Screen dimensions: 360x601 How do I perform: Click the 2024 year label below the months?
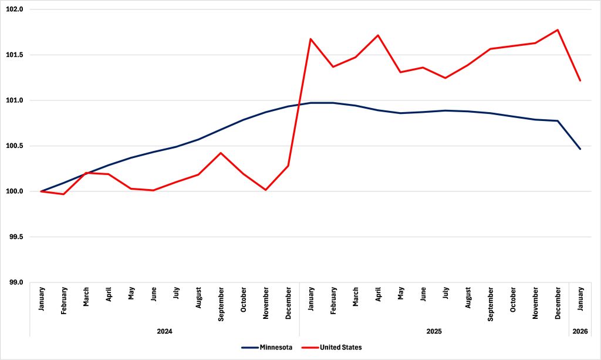(164, 331)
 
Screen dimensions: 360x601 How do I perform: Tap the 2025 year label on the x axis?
(434, 331)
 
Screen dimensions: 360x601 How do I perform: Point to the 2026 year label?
(580, 331)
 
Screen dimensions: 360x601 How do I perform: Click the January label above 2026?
(580, 300)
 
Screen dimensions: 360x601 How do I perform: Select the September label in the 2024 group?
(221, 305)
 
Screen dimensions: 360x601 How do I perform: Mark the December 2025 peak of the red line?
(558, 30)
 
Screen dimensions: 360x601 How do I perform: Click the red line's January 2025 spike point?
(310, 39)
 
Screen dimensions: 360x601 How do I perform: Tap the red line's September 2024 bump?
(221, 153)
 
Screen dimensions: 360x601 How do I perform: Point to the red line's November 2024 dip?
(266, 190)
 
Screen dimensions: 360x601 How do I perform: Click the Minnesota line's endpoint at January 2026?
(580, 149)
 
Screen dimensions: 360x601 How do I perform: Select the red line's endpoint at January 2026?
(580, 80)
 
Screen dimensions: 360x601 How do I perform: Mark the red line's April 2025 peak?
(378, 35)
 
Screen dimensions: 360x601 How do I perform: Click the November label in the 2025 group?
(535, 303)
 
